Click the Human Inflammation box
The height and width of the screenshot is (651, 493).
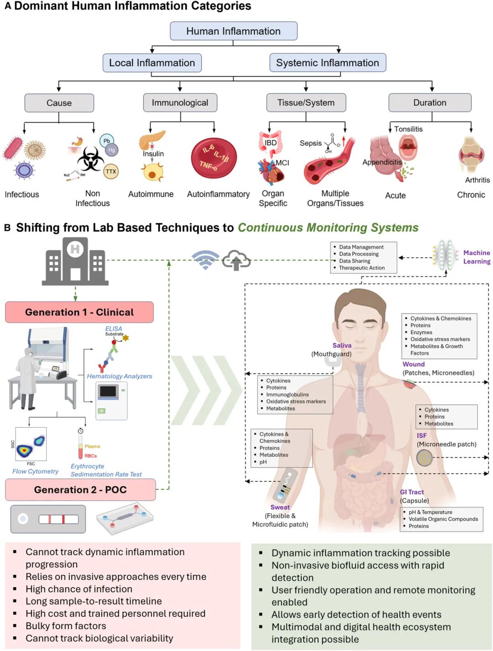click(233, 31)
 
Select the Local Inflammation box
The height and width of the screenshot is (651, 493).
click(152, 62)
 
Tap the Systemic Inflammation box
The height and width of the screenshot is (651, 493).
click(328, 62)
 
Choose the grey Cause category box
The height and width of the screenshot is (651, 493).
click(59, 103)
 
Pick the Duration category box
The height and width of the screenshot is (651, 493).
click(430, 102)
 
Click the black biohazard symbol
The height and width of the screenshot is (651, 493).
click(90, 159)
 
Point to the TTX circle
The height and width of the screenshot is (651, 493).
click(111, 171)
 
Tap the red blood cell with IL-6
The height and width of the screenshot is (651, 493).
click(214, 158)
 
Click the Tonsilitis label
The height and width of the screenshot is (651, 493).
click(409, 129)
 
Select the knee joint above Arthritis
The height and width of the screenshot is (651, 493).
click(472, 154)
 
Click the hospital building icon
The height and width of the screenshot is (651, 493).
click(75, 261)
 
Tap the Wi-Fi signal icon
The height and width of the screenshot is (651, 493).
click(205, 260)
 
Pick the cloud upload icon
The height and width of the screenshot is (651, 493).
click(236, 260)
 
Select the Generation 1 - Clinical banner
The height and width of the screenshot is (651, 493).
click(79, 312)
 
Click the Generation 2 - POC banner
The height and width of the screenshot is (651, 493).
click(80, 489)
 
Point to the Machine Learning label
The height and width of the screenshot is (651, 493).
click(477, 257)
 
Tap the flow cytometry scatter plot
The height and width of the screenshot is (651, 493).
click(31, 444)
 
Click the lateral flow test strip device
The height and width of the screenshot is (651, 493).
click(48, 519)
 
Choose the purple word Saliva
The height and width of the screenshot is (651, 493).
click(342, 345)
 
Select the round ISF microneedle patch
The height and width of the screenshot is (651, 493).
click(425, 458)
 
